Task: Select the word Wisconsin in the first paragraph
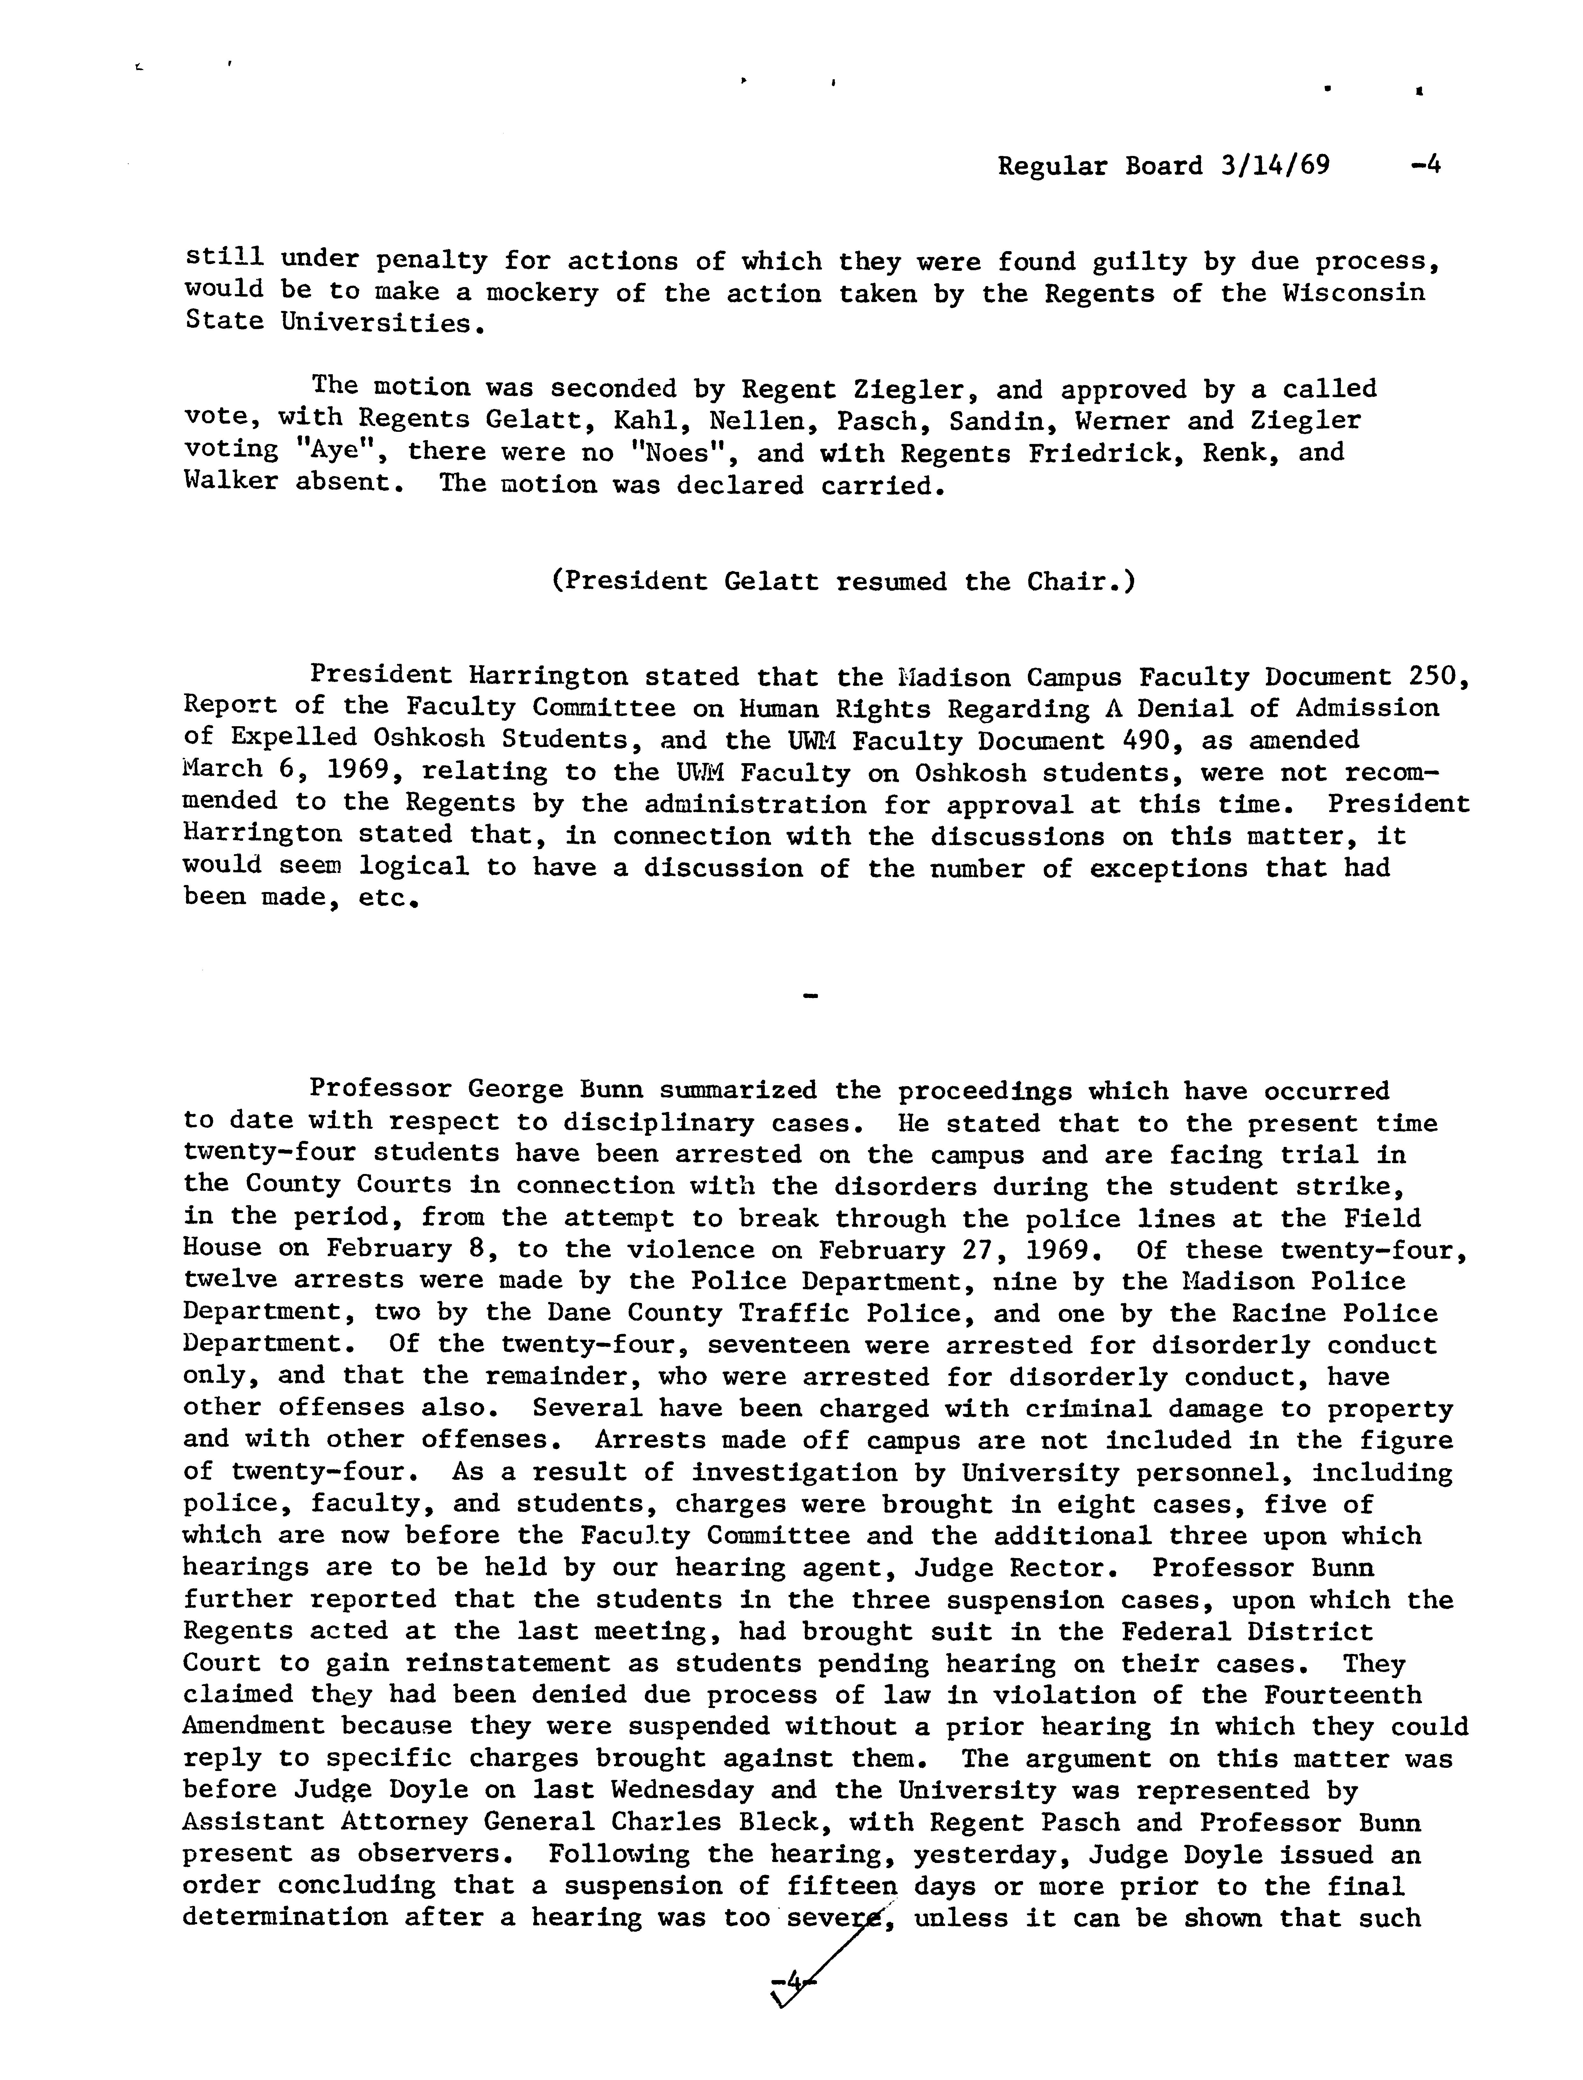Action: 1353,293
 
